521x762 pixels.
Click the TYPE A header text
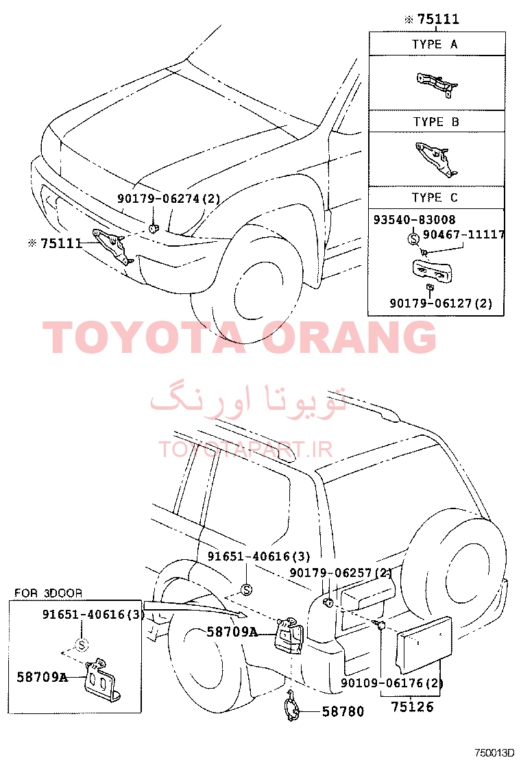pos(435,45)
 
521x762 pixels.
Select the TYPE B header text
pos(436,121)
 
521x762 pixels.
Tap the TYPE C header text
pos(435,197)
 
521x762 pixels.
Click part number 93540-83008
pos(415,220)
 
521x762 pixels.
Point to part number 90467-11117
pos(463,235)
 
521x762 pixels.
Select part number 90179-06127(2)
pos(441,304)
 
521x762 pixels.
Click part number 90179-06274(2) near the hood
pos(169,198)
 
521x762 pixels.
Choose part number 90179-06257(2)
pos(341,572)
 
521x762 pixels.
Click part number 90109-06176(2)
pos(391,683)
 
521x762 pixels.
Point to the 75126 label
pos(412,706)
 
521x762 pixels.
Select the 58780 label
pos(343,711)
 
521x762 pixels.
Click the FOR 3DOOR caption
pos(48,593)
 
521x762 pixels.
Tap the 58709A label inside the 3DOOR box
pos(43,677)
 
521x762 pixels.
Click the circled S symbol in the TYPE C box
pos(413,238)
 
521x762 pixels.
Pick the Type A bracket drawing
pos(437,84)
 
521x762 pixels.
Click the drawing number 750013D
pos(494,753)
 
